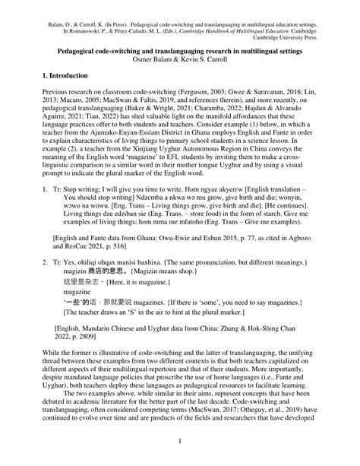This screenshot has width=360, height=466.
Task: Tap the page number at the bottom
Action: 180,440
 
